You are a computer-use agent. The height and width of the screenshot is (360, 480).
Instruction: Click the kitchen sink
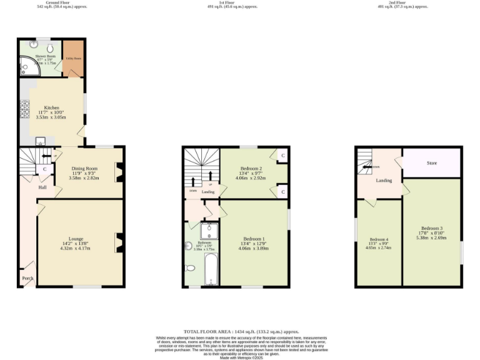click(39, 141)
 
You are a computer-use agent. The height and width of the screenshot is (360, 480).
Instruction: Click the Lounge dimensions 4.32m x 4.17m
click(75, 248)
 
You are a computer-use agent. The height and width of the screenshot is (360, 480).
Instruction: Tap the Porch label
click(27, 278)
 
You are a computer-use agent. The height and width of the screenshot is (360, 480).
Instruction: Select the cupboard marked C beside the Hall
click(45, 169)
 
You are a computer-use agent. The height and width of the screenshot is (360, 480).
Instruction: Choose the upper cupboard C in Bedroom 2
click(282, 155)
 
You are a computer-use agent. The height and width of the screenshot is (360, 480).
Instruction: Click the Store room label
click(431, 163)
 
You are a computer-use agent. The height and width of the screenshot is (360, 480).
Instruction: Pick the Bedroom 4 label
click(378, 240)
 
